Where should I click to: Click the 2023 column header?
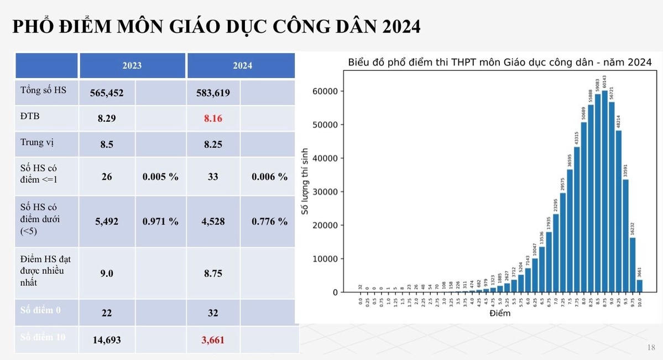point(132,65)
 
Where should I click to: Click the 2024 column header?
point(242,65)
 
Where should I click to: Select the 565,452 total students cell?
point(107,93)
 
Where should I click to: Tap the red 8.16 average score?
point(213,118)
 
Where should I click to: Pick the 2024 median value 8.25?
point(213,144)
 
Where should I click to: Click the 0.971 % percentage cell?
point(160,221)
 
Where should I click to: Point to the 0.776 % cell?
point(269,221)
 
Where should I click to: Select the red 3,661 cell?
point(213,340)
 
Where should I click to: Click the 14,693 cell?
point(107,340)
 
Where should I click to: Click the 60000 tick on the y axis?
point(326,91)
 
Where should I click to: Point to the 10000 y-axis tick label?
point(326,259)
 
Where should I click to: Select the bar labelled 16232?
point(633,264)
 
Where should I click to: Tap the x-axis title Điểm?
point(500,314)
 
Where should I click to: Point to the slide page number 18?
point(651,347)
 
